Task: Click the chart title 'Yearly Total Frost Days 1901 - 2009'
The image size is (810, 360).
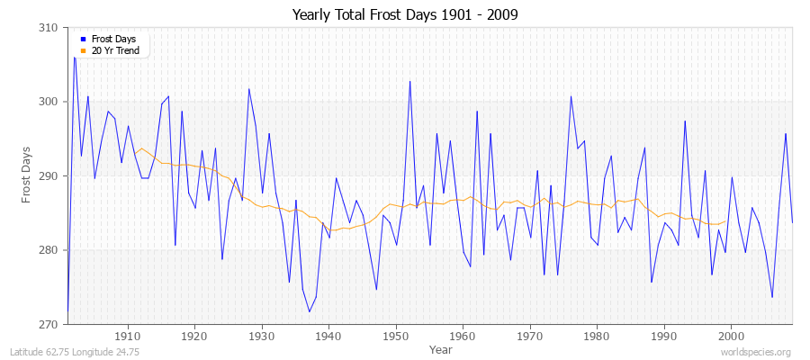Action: pos(405,15)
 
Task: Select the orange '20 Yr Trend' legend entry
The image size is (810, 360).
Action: pos(115,50)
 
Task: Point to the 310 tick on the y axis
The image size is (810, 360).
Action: pos(49,28)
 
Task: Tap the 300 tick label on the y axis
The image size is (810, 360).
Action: pos(49,102)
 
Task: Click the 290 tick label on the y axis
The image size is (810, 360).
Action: pos(49,175)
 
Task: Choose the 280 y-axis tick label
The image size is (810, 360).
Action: pos(49,249)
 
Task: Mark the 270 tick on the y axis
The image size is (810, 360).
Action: pos(49,323)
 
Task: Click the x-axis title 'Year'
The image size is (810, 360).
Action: pos(441,349)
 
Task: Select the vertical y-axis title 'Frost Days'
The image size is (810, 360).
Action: pos(26,175)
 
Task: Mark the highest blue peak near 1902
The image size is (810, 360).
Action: pos(75,58)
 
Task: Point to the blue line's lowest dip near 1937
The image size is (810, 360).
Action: pos(309,311)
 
